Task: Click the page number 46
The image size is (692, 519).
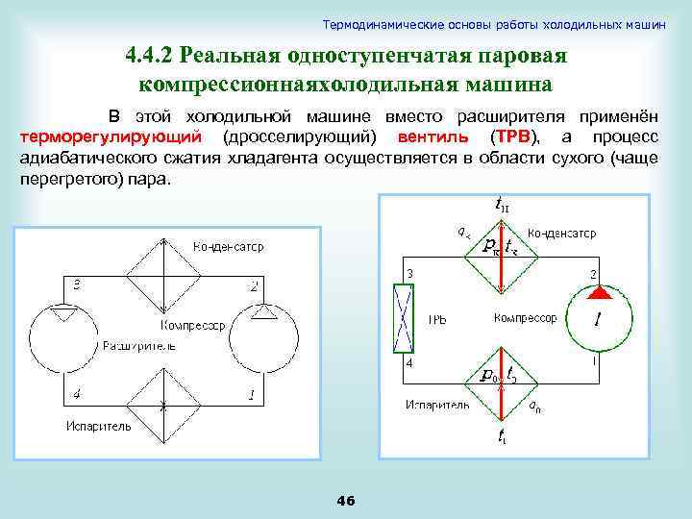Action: pyautogui.click(x=346, y=500)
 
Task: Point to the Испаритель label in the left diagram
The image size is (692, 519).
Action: pyautogui.click(x=99, y=426)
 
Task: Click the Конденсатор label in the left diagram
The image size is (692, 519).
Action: pyautogui.click(x=228, y=247)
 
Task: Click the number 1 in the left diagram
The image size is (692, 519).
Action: pyautogui.click(x=252, y=393)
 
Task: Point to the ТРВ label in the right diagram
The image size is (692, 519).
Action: pyautogui.click(x=437, y=318)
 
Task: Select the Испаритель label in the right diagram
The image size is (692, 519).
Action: pyautogui.click(x=437, y=405)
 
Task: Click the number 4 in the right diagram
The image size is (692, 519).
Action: pyautogui.click(x=408, y=364)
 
